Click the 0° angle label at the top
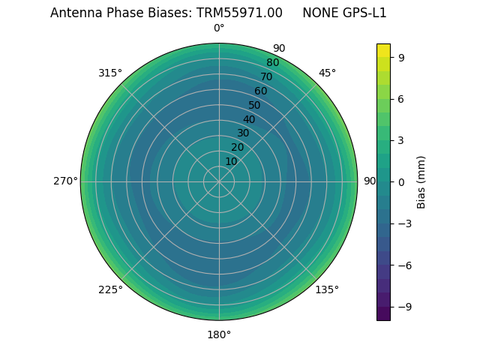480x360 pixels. [x=219, y=28]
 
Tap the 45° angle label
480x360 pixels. [x=327, y=73]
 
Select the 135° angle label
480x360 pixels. [x=327, y=289]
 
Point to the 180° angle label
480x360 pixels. [x=219, y=334]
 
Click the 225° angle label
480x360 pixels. [x=110, y=289]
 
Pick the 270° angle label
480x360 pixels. [x=65, y=181]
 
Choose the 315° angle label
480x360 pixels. [x=110, y=73]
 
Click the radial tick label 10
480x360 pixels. [x=231, y=161]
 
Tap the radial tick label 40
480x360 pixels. [x=249, y=119]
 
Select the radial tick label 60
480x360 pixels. [x=260, y=91]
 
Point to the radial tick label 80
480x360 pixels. [x=272, y=63]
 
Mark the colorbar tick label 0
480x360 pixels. [x=402, y=181]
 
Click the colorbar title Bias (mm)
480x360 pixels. [x=421, y=181]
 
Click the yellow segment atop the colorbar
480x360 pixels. [x=383, y=49]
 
